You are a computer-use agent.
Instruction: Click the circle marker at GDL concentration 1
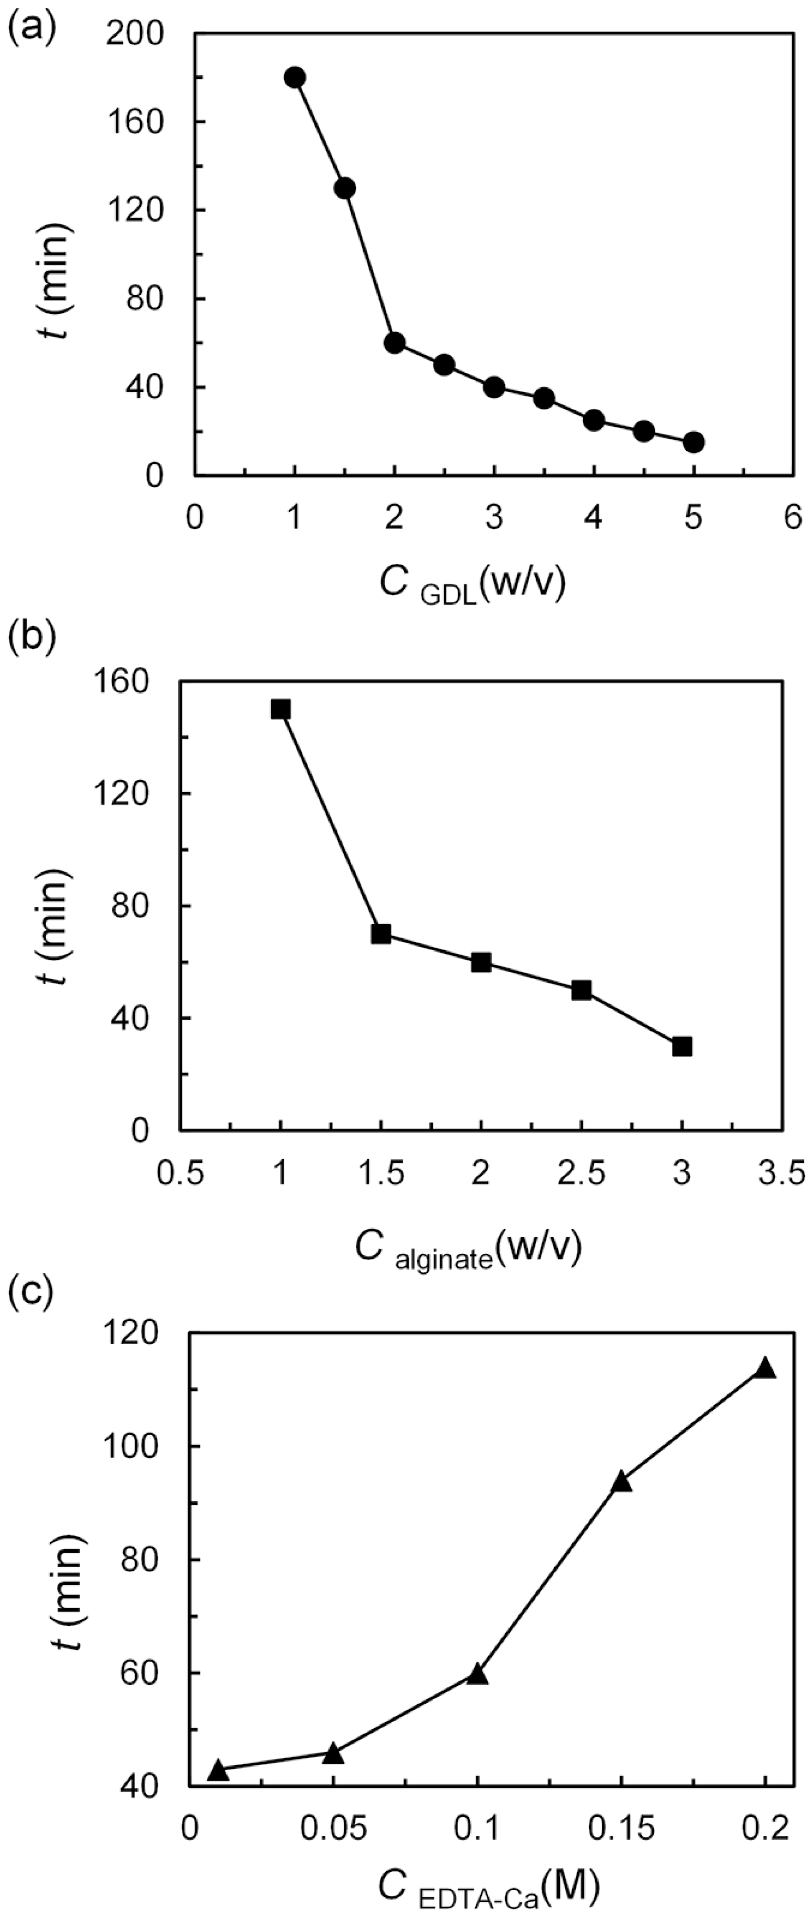click(295, 77)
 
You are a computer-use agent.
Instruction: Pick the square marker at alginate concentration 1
click(281, 709)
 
